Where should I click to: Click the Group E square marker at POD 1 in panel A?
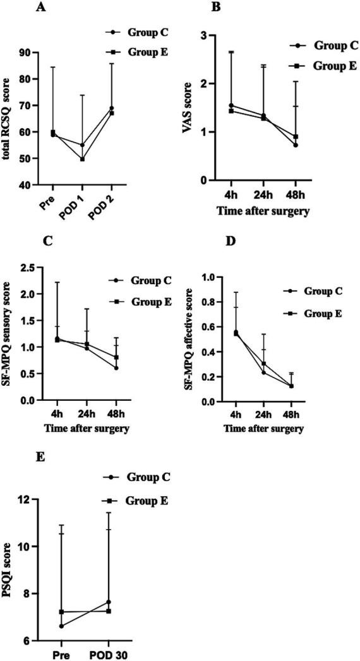(x=82, y=159)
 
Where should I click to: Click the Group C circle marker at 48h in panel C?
(x=99, y=368)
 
